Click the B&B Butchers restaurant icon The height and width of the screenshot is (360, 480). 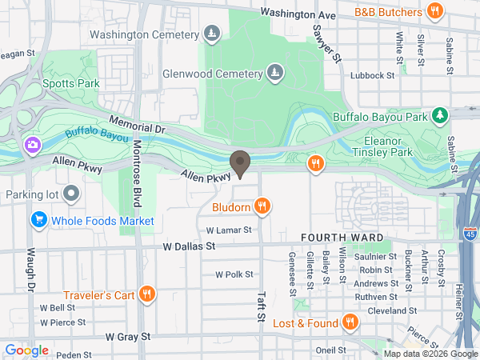(435, 11)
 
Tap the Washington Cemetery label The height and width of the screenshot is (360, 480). (144, 34)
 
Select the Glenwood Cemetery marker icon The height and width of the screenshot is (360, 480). (275, 73)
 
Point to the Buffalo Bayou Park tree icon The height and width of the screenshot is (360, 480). (439, 116)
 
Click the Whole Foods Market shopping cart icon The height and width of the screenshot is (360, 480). (38, 219)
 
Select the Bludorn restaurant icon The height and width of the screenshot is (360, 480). (262, 207)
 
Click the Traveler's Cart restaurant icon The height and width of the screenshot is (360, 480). (146, 294)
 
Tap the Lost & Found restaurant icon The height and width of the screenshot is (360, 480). (349, 322)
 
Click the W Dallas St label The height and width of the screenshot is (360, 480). (189, 247)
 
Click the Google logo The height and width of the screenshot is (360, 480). (26, 350)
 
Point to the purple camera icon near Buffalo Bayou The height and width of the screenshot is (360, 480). (32, 145)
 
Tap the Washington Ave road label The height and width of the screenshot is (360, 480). (298, 14)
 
